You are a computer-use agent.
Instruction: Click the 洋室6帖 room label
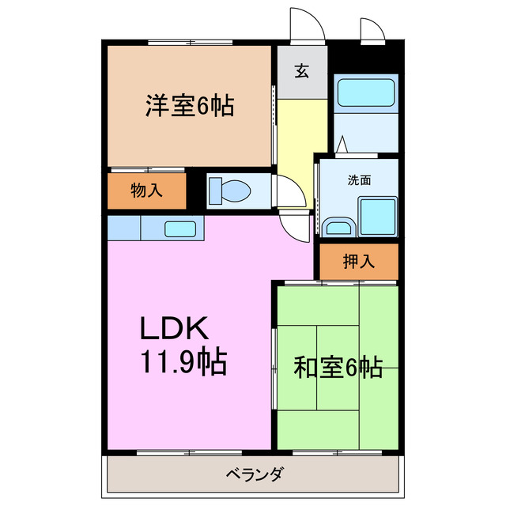tap(189, 106)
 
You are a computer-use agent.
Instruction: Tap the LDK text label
tap(174, 327)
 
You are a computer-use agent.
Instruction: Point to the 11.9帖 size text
tap(183, 362)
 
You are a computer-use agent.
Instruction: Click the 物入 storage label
tap(146, 191)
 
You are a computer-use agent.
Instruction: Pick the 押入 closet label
tap(358, 262)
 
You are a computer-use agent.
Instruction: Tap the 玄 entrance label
tap(302, 71)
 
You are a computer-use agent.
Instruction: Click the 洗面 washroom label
tap(359, 179)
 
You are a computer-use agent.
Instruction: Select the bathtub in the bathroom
tap(364, 93)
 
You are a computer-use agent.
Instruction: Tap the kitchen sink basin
tap(180, 228)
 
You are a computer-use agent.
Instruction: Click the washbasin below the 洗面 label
tap(338, 228)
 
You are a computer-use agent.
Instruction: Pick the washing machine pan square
tap(377, 215)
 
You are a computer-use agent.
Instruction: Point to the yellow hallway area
tap(301, 142)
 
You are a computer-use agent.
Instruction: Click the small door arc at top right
tap(371, 28)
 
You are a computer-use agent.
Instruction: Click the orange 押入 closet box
tap(358, 262)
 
